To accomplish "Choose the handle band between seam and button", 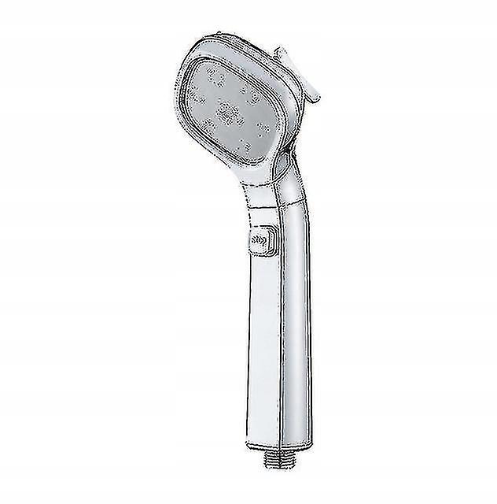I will coord(263,223).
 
